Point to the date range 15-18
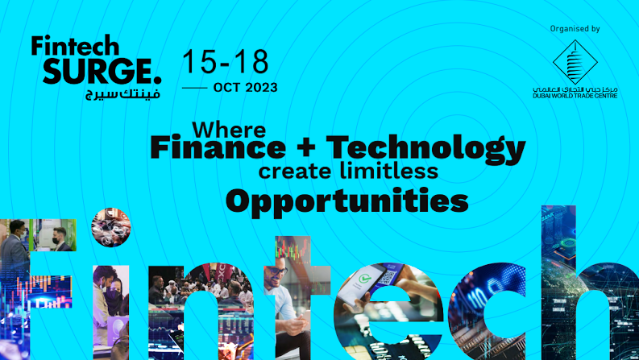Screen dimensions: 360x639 225,61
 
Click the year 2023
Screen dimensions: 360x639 259,87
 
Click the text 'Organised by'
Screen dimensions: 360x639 575,29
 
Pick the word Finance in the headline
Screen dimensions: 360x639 218,148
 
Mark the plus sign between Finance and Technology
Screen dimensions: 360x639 305,149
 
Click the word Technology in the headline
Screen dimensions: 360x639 425,149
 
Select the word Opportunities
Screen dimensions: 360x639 346,199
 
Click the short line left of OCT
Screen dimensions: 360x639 194,87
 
